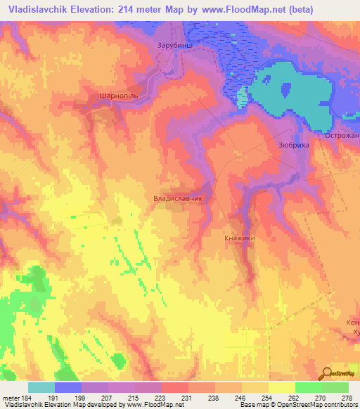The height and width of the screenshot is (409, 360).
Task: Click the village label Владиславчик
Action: pyautogui.click(x=178, y=199)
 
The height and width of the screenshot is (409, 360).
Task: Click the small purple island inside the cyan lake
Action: pyautogui.click(x=285, y=89)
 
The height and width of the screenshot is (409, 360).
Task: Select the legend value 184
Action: pyautogui.click(x=27, y=398)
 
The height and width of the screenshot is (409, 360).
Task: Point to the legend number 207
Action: pyautogui.click(x=108, y=398)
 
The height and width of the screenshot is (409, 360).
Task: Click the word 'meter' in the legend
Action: pyautogui.click(x=11, y=398)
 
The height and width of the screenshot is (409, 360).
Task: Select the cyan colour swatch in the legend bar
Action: pyautogui.click(x=41, y=387)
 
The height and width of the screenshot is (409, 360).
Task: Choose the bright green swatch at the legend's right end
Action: pyautogui.click(x=335, y=387)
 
